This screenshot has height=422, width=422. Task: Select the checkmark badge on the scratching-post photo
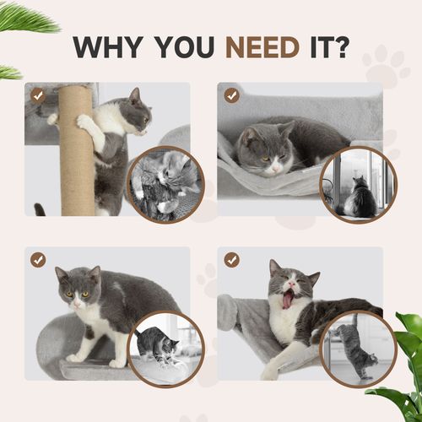click(37, 96)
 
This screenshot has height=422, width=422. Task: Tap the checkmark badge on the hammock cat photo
click(231, 96)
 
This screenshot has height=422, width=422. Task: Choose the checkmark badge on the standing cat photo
click(37, 260)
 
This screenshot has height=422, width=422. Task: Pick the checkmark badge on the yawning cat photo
click(231, 260)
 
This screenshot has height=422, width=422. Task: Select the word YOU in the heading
click(179, 47)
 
